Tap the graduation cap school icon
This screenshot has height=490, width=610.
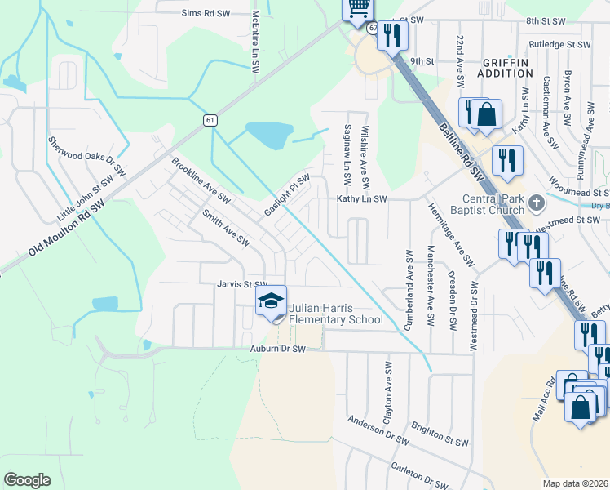272,302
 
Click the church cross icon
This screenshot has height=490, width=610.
536,202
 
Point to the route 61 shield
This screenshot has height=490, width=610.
210,120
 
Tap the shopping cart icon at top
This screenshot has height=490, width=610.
357,8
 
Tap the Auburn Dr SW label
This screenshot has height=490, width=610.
277,349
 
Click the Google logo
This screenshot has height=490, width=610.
27,479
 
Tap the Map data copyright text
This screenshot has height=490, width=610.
576,483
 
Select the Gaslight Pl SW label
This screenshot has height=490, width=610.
287,195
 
